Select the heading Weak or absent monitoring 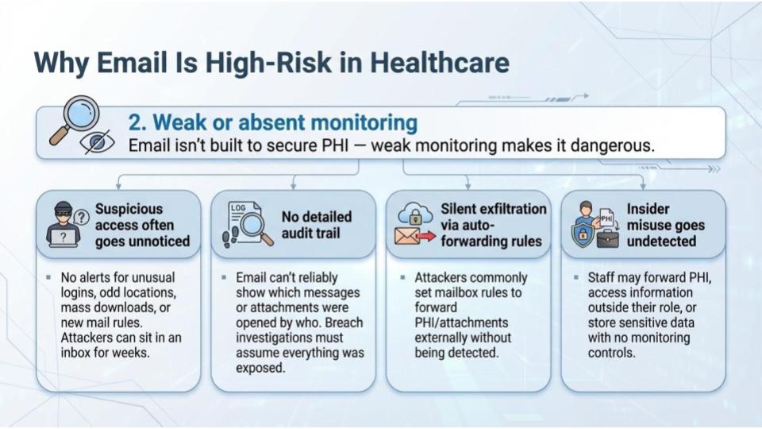click(x=272, y=122)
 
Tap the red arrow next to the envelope click(x=428, y=237)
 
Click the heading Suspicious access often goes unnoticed click(x=142, y=225)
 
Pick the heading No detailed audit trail click(x=316, y=225)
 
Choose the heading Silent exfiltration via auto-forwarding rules click(x=494, y=225)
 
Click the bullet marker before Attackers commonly click(x=402, y=278)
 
